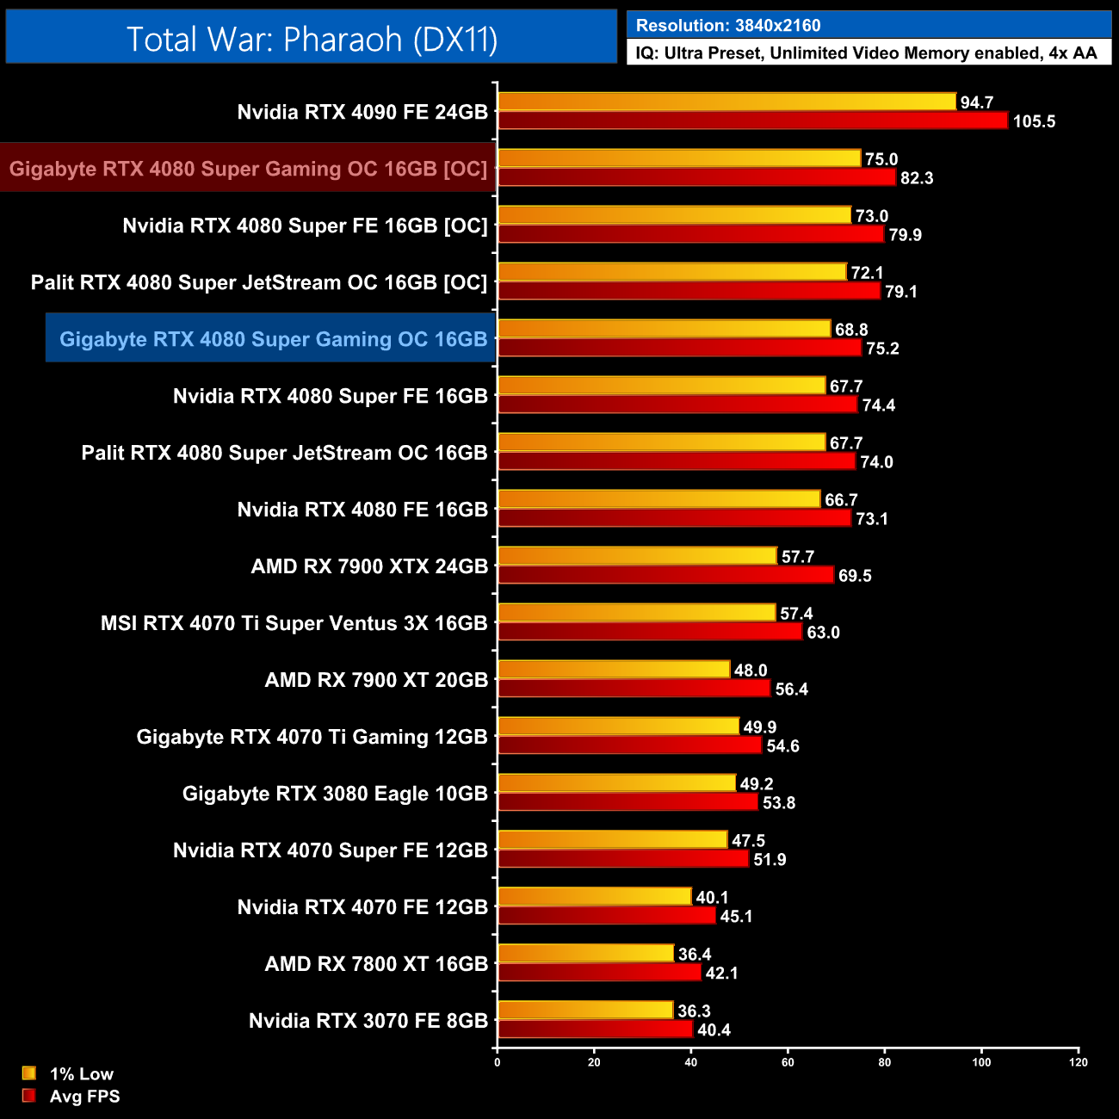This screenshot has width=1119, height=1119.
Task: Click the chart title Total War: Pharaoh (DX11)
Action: [x=312, y=39]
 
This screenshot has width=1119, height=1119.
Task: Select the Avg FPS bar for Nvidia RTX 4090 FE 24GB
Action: [x=752, y=121]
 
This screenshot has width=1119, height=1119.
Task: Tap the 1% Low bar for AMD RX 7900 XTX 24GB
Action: [x=637, y=556]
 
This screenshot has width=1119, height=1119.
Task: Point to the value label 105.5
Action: [x=1034, y=121]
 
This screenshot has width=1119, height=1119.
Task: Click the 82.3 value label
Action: [x=917, y=178]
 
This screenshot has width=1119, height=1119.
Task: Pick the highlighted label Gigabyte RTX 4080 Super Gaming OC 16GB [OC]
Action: [x=249, y=169]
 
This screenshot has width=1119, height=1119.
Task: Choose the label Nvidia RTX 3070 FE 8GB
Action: [x=368, y=1021]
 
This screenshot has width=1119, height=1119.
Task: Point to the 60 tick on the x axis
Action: [x=788, y=1062]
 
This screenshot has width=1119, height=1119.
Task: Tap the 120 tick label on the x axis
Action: [x=1079, y=1062]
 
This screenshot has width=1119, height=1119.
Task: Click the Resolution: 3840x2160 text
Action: [x=728, y=26]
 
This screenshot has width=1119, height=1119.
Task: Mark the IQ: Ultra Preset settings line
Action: [x=866, y=53]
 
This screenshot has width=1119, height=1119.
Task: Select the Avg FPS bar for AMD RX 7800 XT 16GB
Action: [x=599, y=973]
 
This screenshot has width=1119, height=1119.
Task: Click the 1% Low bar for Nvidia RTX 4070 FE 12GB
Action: [x=594, y=897]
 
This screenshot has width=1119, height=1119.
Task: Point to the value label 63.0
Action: [x=823, y=633]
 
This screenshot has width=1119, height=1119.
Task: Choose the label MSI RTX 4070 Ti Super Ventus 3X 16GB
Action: [x=294, y=623]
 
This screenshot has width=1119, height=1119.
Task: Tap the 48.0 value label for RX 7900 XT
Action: [x=751, y=671]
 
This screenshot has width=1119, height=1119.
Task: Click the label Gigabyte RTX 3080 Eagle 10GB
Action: [x=335, y=794]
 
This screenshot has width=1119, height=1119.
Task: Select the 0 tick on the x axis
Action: [x=498, y=1062]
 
